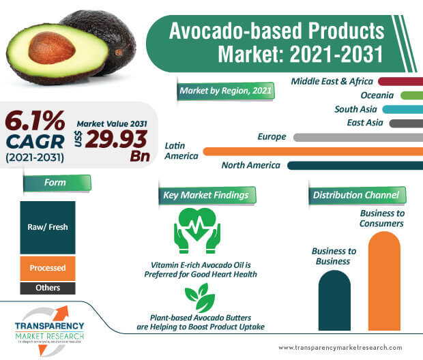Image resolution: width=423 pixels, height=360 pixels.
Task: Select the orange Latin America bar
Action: click(x=312, y=151)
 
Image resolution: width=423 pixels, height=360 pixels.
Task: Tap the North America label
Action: click(x=250, y=165)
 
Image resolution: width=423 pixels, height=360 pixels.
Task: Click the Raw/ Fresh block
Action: click(x=48, y=227)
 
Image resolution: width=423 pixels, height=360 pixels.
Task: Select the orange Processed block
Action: click(x=48, y=268)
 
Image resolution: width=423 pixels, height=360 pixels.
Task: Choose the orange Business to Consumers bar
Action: click(x=383, y=280)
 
